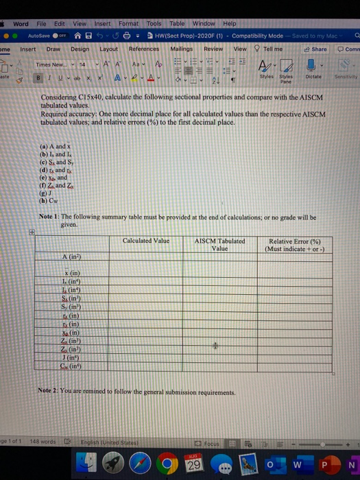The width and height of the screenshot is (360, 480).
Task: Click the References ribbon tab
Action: point(144,49)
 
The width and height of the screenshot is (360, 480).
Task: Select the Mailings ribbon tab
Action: point(182,49)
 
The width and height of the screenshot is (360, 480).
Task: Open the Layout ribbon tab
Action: point(109,49)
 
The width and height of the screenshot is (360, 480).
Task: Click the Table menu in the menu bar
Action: point(178,23)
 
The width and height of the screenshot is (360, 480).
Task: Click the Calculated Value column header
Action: point(145,241)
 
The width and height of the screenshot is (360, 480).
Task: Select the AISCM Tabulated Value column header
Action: point(220,244)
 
